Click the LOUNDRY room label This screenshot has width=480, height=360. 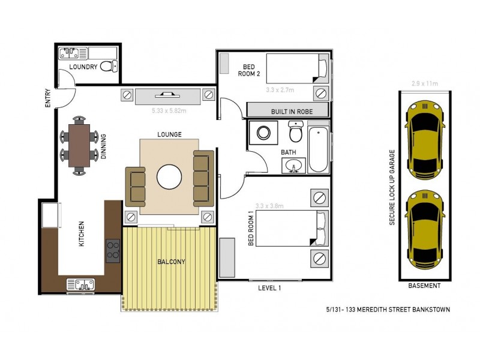(x=83, y=67)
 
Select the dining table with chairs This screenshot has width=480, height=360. (x=79, y=145)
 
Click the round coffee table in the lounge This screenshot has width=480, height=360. (x=169, y=177)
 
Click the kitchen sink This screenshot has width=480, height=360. (x=80, y=284)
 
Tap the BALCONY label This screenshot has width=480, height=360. (x=171, y=262)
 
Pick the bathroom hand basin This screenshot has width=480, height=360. (x=293, y=166)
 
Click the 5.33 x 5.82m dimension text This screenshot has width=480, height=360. (x=170, y=111)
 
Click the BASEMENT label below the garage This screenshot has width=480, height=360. (x=424, y=286)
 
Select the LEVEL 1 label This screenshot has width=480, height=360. (x=269, y=288)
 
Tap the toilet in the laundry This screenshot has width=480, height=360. (x=108, y=65)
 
